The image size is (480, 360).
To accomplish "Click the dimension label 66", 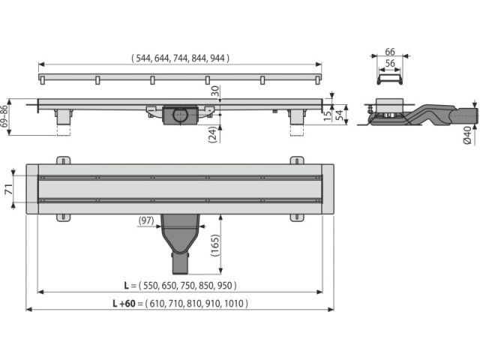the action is tap(390, 52).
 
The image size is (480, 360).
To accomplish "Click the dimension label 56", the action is tap(390, 63).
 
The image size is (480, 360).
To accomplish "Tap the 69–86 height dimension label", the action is tap(4, 117).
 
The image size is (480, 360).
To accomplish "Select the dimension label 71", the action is tap(8, 190).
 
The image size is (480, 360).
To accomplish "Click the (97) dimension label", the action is tap(146, 220).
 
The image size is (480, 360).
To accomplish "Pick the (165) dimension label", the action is tap(215, 245).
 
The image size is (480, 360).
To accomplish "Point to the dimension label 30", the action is tap(215, 91).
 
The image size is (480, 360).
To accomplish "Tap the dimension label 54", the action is tap(340, 115).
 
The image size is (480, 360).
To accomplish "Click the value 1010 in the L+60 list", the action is tap(234, 303).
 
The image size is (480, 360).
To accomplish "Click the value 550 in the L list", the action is tap(150, 285).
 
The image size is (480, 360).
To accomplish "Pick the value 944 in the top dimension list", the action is tap(217, 58).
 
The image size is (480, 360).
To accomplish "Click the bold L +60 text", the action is tap(124, 303).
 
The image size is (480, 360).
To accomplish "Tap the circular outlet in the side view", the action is tap(180, 115).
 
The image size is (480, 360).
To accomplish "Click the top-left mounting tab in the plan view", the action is tap(63, 160).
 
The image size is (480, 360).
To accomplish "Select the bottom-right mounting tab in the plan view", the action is tap(297, 217).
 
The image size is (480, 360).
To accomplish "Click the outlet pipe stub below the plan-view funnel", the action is tap(180, 262).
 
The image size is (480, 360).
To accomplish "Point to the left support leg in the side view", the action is tap(64, 117).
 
